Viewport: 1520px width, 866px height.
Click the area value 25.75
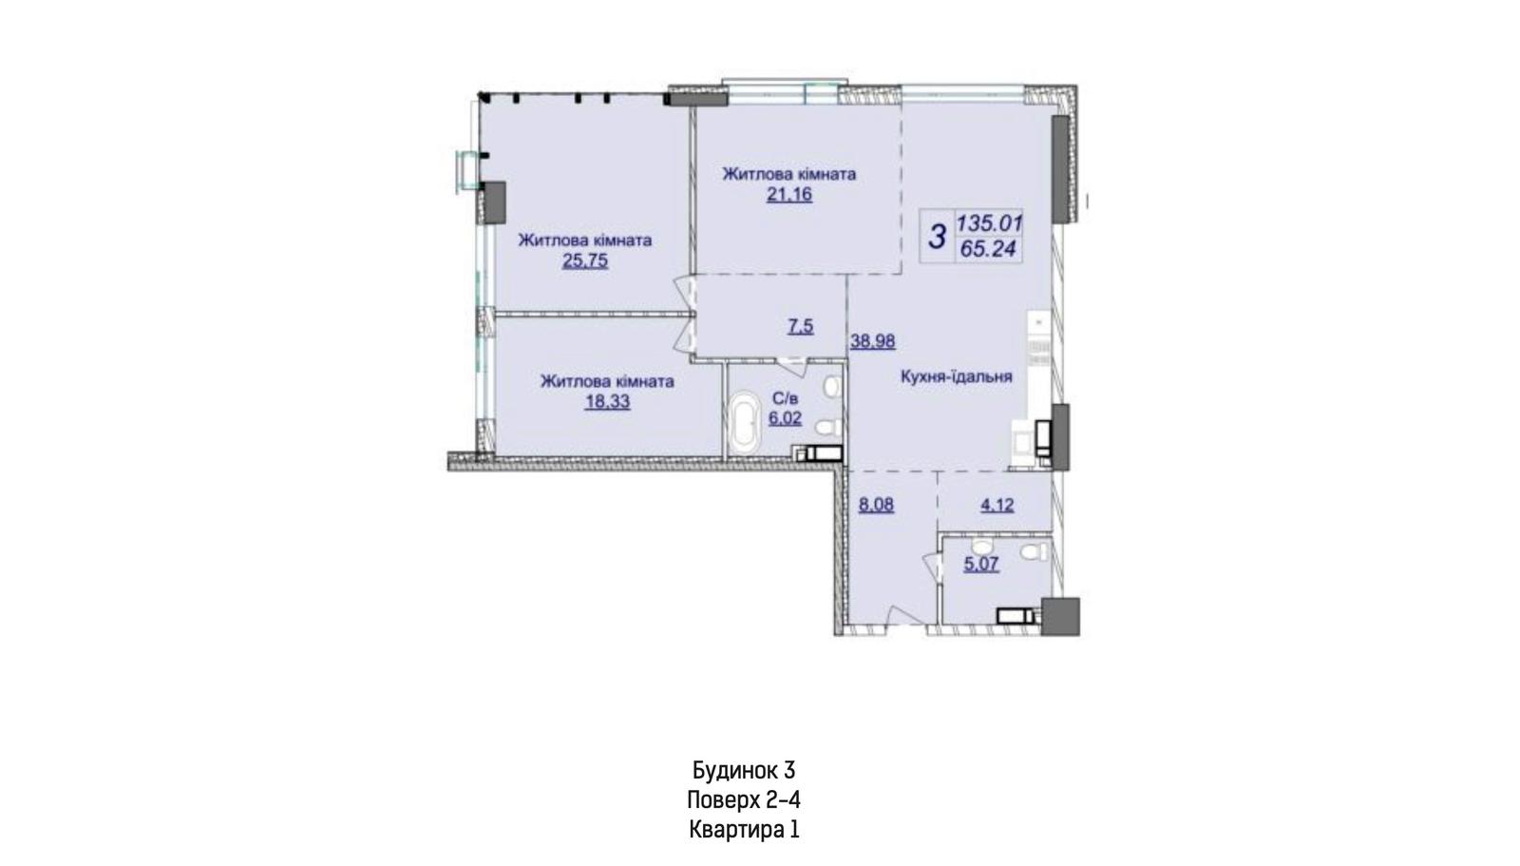[585, 260]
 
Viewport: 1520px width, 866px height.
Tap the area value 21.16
[789, 195]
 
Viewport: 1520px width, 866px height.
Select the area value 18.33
[607, 401]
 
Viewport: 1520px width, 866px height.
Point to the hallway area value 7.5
[800, 327]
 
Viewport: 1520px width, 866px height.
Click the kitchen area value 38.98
[873, 341]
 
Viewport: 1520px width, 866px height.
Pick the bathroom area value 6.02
[785, 417]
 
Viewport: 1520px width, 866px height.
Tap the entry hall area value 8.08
[876, 506]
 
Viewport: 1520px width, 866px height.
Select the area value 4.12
[997, 506]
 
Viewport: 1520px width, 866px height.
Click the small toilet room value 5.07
[981, 564]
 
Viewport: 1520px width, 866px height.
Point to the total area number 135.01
[989, 222]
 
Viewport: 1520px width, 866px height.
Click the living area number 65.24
[987, 249]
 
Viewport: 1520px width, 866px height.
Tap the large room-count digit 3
[937, 237]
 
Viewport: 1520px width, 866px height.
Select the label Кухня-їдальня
[956, 376]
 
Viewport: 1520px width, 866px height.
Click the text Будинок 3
[744, 770]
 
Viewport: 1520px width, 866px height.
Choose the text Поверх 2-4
[744, 800]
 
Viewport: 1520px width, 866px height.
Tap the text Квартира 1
[744, 830]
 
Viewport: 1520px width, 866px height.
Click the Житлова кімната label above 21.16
[789, 174]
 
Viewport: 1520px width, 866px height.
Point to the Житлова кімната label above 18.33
[607, 381]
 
